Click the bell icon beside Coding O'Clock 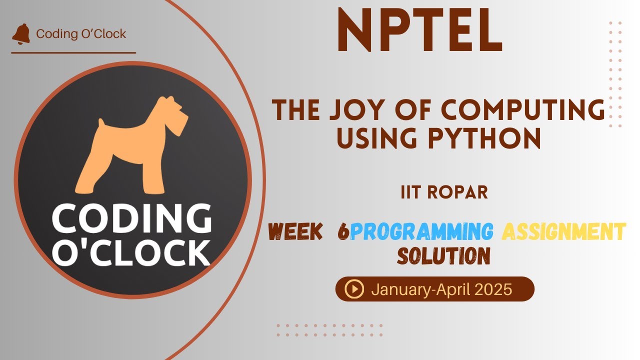click(21, 33)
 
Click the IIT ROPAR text click(444, 192)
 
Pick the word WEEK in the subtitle click(295, 231)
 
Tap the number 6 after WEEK click(343, 231)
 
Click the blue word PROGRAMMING click(421, 231)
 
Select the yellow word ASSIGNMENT click(563, 231)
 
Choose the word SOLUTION click(443, 256)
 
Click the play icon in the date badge click(354, 289)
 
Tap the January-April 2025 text click(441, 289)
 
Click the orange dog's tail click(101, 124)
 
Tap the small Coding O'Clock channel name click(81, 34)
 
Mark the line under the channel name click(73, 52)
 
